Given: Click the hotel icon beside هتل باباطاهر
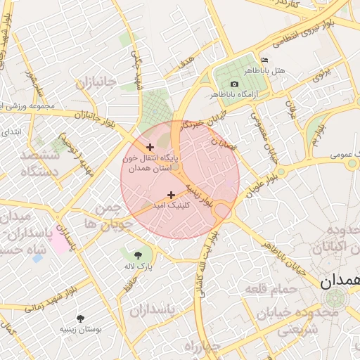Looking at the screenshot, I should click(264, 60).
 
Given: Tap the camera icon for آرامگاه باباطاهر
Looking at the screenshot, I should click(234, 84).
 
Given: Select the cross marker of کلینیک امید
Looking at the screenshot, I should click(171, 195).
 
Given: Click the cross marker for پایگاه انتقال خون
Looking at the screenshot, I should click(150, 147).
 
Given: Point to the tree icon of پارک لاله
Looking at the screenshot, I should click(138, 255).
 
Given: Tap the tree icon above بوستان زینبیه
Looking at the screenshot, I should click(81, 318).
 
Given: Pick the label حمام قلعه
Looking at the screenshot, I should click(269, 288).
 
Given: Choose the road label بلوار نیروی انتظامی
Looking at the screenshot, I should click(306, 30).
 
